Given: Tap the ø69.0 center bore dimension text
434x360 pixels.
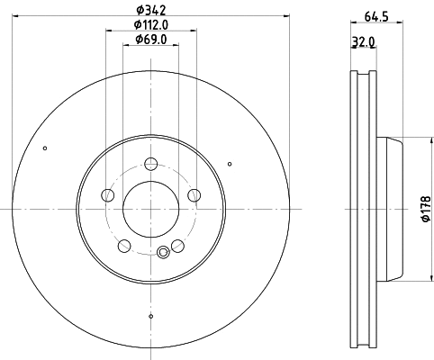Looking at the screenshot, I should [150, 40].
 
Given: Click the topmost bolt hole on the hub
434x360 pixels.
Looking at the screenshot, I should [151, 164].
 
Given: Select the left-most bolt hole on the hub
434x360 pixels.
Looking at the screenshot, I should [108, 195].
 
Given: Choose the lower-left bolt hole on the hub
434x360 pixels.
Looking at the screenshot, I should [124, 246].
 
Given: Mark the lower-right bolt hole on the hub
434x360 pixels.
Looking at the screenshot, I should [177, 246].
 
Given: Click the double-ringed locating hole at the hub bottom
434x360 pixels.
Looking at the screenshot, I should [163, 252].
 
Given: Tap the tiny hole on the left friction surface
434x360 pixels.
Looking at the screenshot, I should [45, 148].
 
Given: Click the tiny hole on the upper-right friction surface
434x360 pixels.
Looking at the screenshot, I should [231, 163].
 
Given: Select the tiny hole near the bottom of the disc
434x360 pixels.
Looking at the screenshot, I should [151, 316].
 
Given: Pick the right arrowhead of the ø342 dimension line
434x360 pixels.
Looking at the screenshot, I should [285, 15].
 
